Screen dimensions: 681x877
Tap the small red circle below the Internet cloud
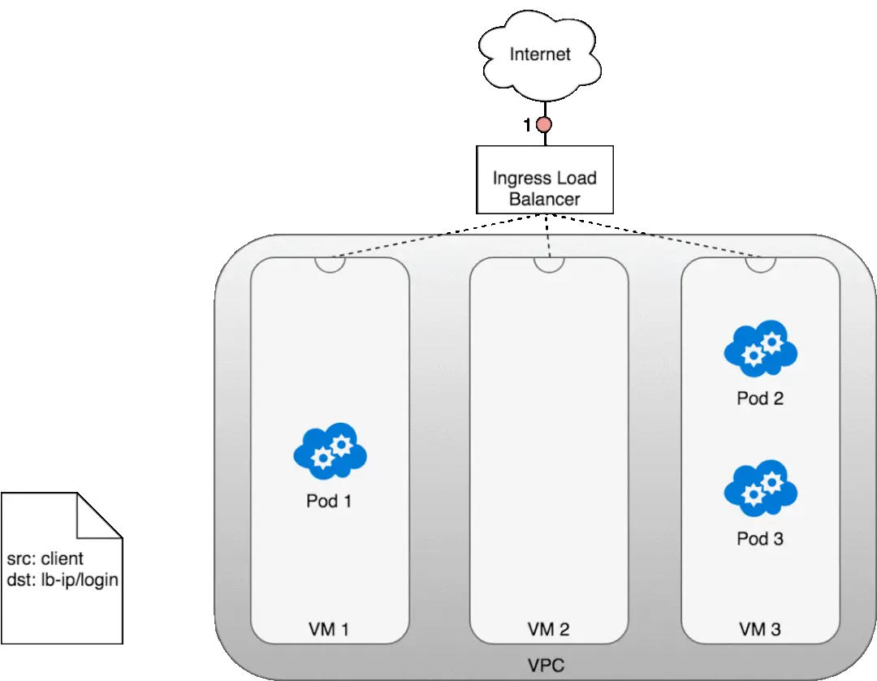tap(542, 125)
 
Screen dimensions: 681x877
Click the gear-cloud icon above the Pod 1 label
tap(330, 450)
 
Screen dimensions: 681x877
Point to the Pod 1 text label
tap(329, 501)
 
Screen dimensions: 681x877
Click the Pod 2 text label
tap(760, 399)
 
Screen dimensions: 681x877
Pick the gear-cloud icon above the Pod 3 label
tap(760, 489)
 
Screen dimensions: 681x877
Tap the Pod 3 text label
tap(760, 538)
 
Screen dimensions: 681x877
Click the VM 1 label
tap(329, 628)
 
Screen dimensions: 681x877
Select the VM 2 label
tap(548, 628)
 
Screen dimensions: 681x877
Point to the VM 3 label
tap(760, 628)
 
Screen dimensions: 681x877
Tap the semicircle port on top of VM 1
tap(330, 264)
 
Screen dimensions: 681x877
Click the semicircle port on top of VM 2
tap(549, 264)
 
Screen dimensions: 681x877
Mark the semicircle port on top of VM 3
tap(760, 264)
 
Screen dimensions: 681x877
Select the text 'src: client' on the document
tap(45, 559)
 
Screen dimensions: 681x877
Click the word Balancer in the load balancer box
tap(544, 198)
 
